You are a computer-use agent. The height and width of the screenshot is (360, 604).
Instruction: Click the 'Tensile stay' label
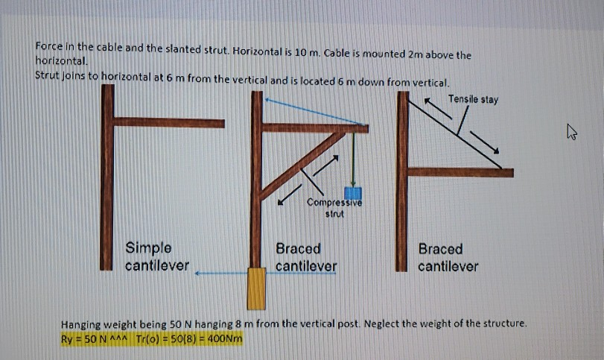click(x=473, y=99)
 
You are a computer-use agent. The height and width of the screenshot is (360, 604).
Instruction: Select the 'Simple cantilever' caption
click(x=156, y=256)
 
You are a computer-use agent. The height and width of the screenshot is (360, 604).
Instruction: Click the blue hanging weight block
click(x=352, y=195)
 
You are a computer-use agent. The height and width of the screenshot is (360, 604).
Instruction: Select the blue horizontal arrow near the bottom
click(x=223, y=274)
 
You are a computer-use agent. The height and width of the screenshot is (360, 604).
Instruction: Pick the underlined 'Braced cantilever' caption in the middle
click(x=305, y=257)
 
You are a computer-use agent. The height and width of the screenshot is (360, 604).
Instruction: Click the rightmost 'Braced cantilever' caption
click(x=447, y=257)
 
